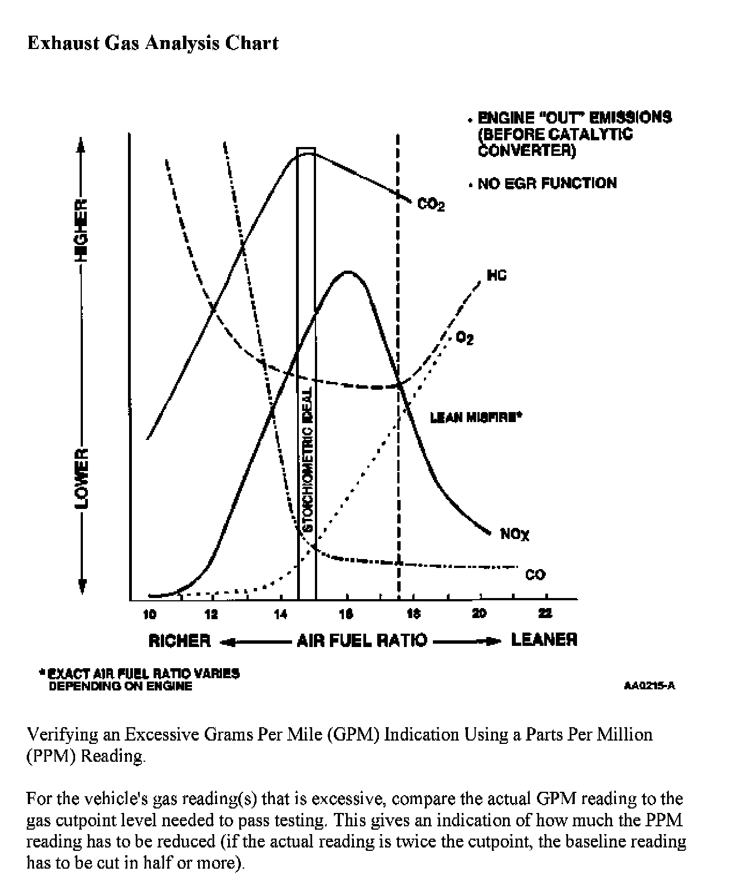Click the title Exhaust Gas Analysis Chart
[x=153, y=43]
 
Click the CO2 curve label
[x=431, y=205]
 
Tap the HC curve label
[x=497, y=276]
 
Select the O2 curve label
[x=465, y=338]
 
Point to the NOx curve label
[x=515, y=535]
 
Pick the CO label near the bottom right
[x=535, y=575]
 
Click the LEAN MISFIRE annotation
[x=476, y=417]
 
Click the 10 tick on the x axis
[x=150, y=614]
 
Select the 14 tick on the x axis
[x=280, y=614]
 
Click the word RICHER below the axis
[x=180, y=640]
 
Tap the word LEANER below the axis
[x=544, y=640]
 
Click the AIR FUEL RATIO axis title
[x=362, y=640]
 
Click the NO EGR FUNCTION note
[x=546, y=183]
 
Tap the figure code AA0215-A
[x=649, y=685]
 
